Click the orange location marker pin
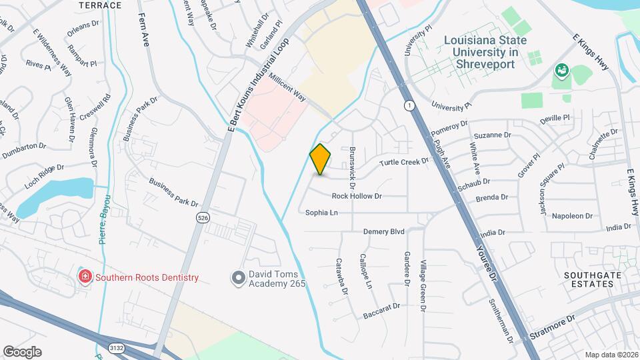click(x=321, y=159)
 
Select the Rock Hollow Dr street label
click(x=357, y=196)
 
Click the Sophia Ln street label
click(x=321, y=213)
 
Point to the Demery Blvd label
click(x=384, y=231)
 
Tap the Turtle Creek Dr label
click(x=404, y=162)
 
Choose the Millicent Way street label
click(x=287, y=87)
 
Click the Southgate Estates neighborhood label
click(x=588, y=279)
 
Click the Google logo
click(x=22, y=351)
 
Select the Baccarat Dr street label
click(x=381, y=310)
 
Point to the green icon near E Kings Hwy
click(x=561, y=70)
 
